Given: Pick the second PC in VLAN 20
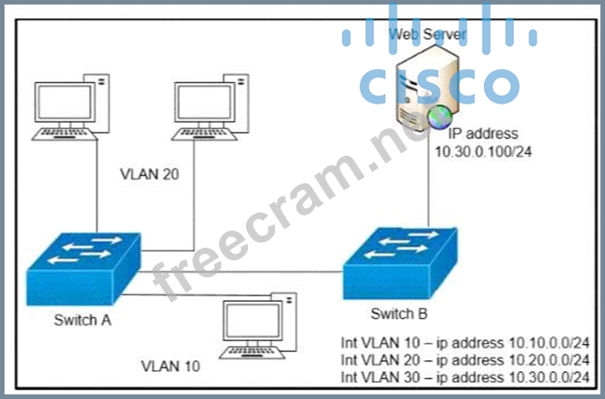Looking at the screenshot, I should click(209, 107).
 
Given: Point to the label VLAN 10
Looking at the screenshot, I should click(170, 367).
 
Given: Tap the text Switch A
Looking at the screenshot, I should click(83, 319).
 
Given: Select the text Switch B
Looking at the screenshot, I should click(399, 313).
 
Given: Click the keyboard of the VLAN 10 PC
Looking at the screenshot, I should click(247, 349).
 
